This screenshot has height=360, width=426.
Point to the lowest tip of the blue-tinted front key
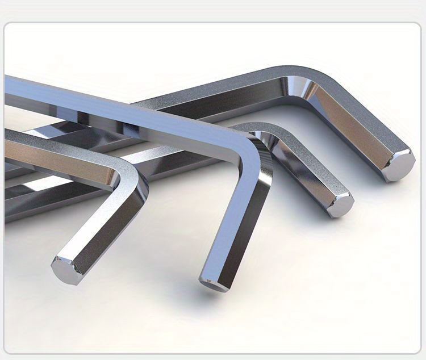[x=214, y=283]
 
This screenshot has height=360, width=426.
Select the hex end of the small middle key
[x=341, y=205]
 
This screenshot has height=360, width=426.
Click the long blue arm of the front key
[x=114, y=105]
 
